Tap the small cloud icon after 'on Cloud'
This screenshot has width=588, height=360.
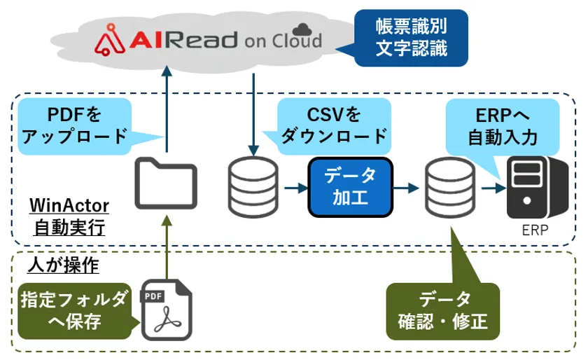tap(302, 29)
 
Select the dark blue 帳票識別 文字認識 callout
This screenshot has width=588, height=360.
tap(410, 39)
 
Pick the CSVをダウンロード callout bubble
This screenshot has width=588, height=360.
tap(334, 124)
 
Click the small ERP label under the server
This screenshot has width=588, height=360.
tap(535, 230)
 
